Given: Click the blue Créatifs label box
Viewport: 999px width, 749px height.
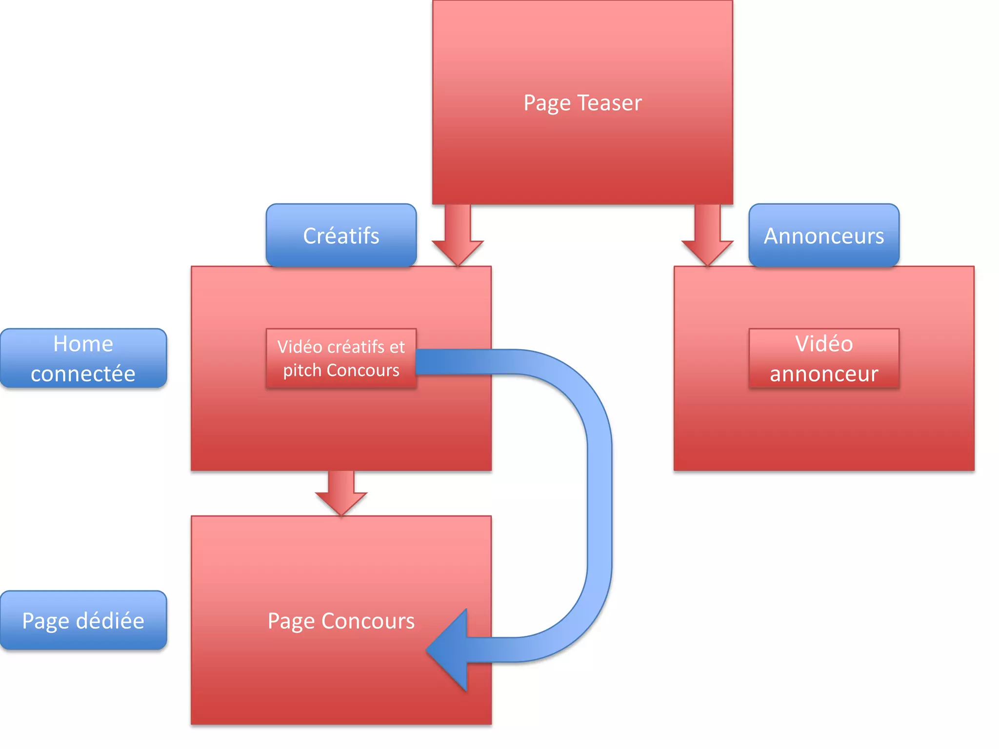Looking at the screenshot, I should pos(341,236).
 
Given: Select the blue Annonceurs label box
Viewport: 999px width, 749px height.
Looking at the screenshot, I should pos(823,236).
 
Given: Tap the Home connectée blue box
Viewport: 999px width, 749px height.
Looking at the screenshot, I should pos(83,358).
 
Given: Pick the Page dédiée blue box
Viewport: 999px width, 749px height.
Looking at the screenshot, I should pos(83,620).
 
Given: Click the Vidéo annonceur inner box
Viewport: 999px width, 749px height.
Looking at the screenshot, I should pos(823,358).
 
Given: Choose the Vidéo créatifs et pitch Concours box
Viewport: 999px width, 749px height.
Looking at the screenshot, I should pos(341,358).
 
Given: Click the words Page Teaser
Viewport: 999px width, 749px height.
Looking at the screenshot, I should pos(582,103).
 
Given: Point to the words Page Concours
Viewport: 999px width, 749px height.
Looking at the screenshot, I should pos(341,621).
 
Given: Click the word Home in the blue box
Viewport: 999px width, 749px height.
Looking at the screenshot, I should pos(83,344).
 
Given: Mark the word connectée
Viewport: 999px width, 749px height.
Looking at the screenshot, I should pos(83,374).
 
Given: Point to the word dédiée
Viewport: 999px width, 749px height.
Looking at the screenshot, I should pos(110,621).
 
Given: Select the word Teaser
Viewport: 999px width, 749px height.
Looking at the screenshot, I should pos(609,103).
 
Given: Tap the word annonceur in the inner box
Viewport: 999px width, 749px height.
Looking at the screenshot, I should pos(823,374).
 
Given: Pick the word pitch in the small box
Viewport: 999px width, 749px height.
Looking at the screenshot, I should pos(302,371).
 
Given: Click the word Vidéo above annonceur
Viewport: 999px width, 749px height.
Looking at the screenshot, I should pos(823,344).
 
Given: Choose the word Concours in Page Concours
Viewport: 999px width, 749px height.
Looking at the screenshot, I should pos(368,621).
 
